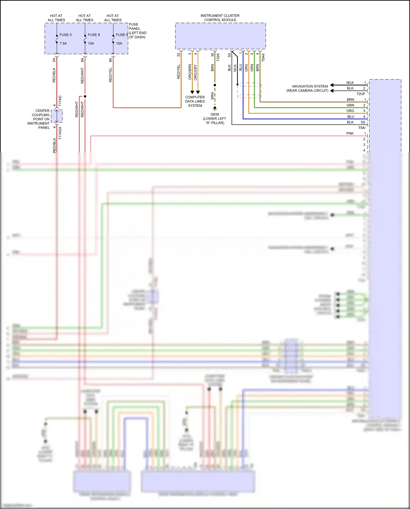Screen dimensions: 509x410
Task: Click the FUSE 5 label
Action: tap(65, 35)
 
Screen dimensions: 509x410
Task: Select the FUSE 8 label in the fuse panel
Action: tap(94, 35)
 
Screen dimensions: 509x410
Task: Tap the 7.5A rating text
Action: tap(63, 43)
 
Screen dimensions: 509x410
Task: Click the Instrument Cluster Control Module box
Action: tap(220, 36)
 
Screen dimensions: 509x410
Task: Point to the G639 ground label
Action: tap(215, 114)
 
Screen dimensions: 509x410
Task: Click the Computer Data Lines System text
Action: tap(195, 101)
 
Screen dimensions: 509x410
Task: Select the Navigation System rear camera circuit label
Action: tap(307, 88)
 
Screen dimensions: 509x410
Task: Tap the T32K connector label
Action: tap(218, 57)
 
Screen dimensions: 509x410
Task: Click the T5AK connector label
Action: tap(263, 57)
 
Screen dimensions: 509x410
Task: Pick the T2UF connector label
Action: tap(361, 94)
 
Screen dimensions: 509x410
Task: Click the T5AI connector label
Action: tap(362, 128)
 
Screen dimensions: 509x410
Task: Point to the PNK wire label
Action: tap(350, 133)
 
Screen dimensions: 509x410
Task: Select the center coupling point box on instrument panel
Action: tap(57, 116)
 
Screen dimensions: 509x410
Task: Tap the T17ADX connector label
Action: tap(60, 133)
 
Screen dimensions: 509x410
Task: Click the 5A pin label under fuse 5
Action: tap(54, 60)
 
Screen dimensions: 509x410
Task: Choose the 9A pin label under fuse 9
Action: tap(110, 60)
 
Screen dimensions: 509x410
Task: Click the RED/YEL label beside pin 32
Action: tap(178, 72)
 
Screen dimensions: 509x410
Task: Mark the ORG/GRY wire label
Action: tap(195, 72)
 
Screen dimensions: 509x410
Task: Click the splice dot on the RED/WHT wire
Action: tap(85, 96)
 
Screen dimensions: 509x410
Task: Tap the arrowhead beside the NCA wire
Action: tap(332, 85)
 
